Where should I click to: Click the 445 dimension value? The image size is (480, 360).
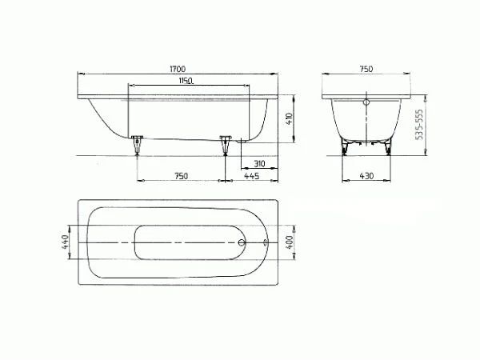pos(250,175)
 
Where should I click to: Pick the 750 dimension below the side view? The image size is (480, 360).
pos(181,175)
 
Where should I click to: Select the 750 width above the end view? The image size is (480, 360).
pos(366,70)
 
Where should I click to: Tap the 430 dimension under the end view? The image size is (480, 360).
pos(366,175)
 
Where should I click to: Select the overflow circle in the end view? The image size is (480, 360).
pos(366,102)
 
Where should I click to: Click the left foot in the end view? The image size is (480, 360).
pos(346,146)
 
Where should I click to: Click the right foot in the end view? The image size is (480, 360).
pos(387,146)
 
